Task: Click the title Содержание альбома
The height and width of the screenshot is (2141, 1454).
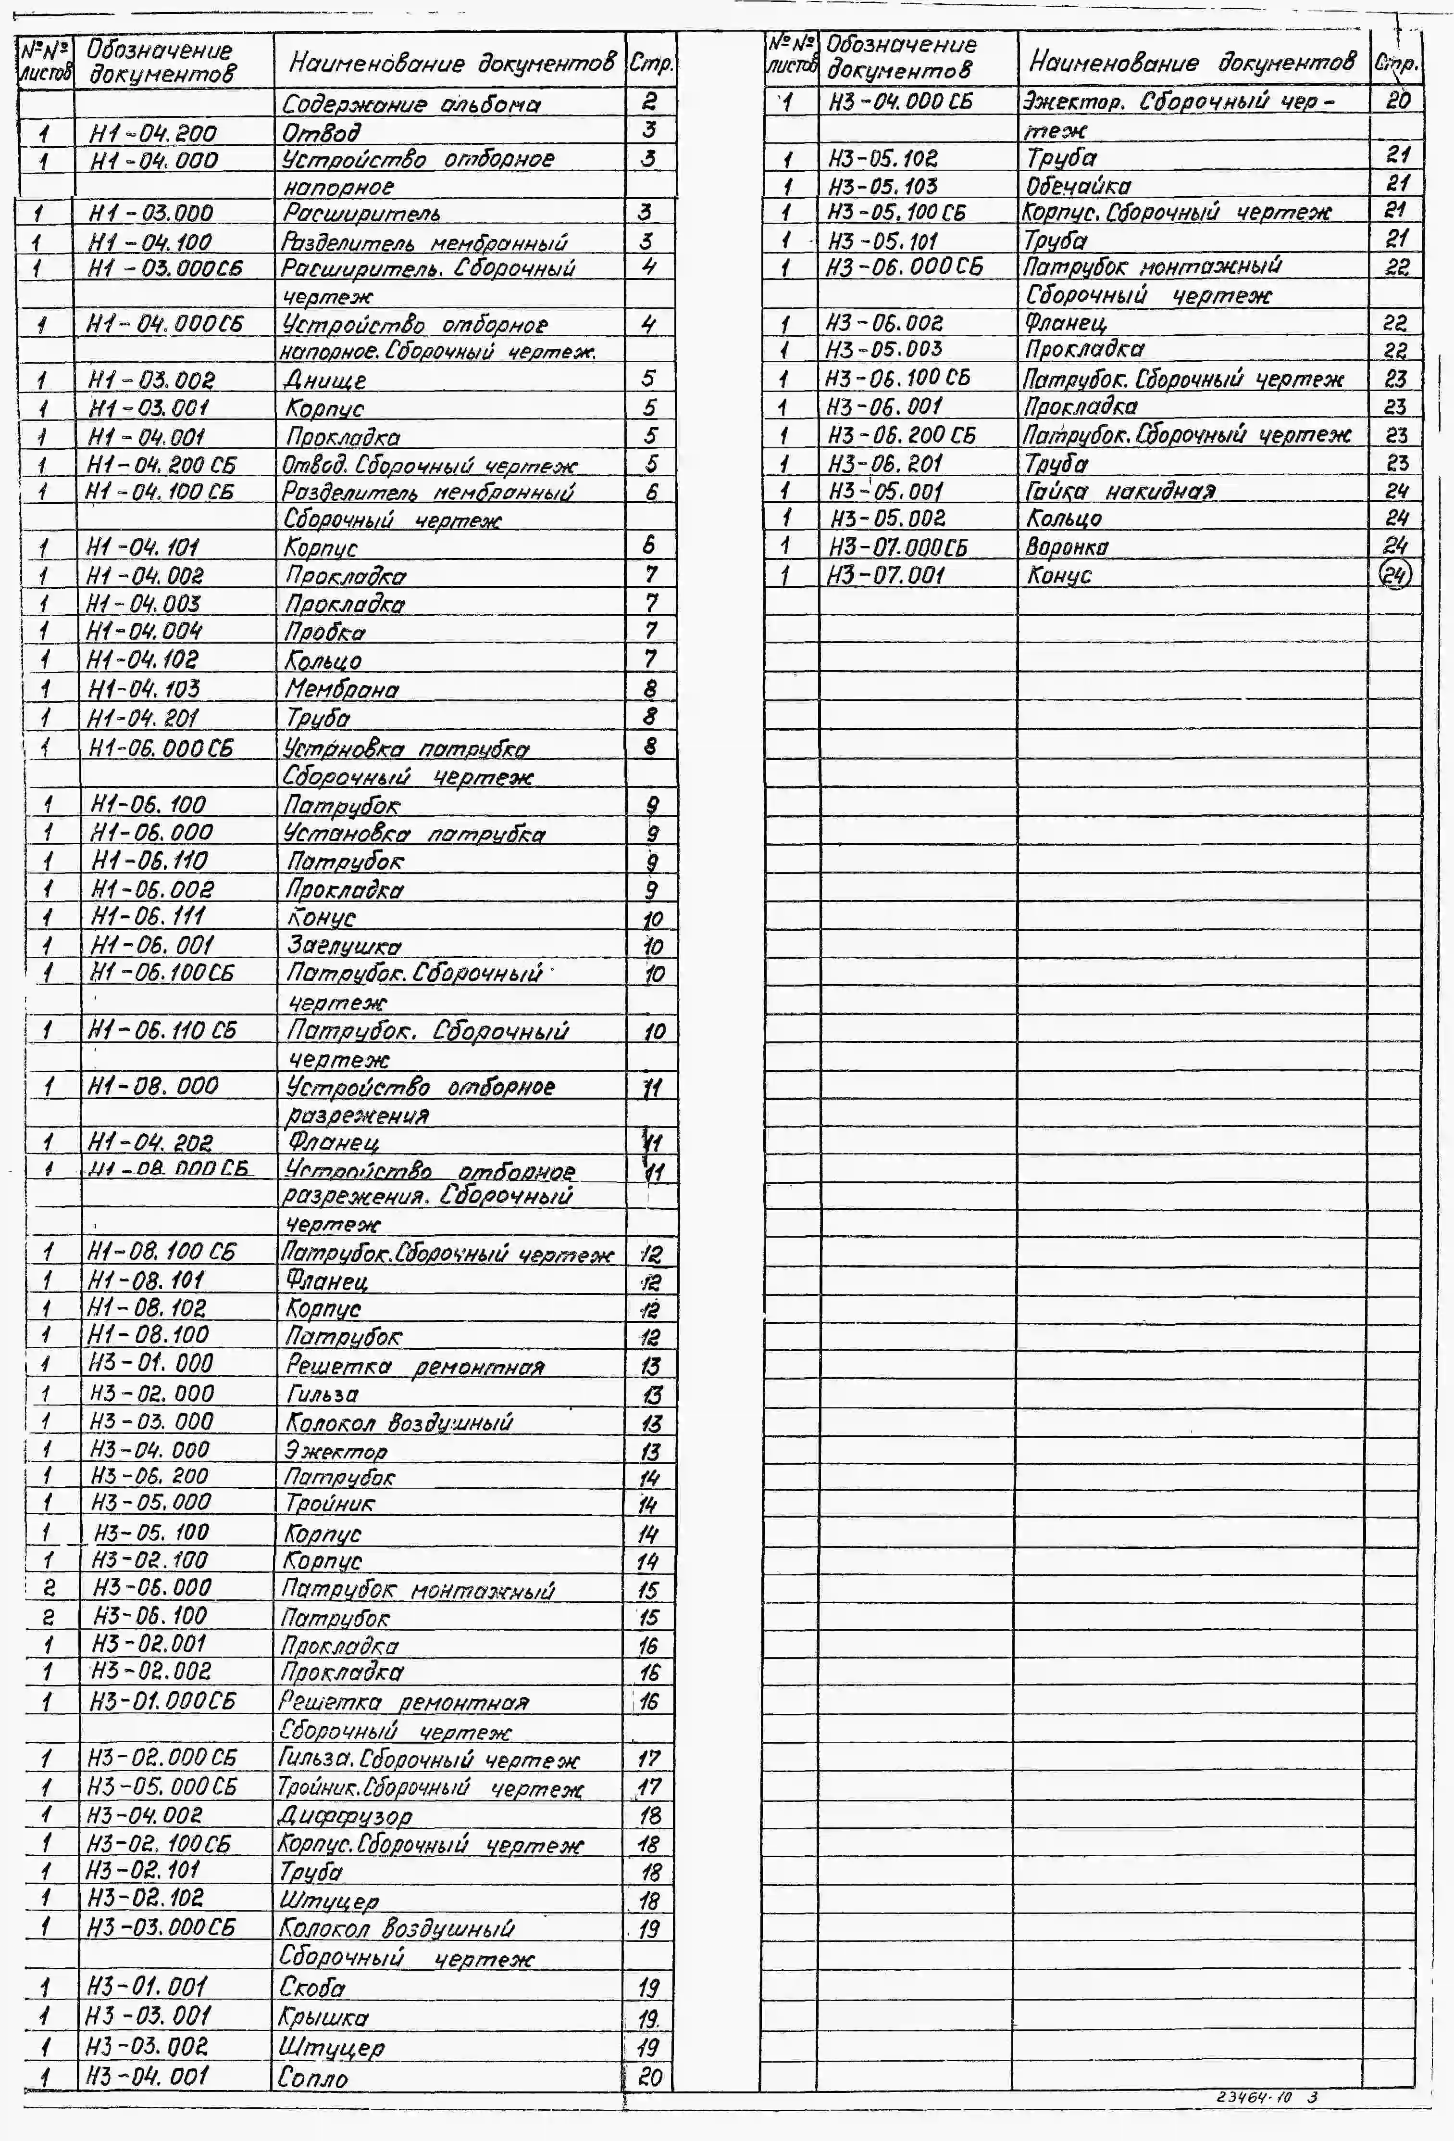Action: click(x=410, y=104)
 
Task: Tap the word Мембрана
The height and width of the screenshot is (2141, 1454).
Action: click(x=342, y=689)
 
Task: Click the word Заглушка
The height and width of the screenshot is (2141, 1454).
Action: click(x=344, y=946)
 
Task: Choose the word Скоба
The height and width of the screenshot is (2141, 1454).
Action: click(x=313, y=1988)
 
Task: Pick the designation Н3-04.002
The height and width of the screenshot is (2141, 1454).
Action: click(x=145, y=1816)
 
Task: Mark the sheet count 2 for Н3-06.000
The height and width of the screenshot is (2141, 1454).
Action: click(x=49, y=1588)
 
